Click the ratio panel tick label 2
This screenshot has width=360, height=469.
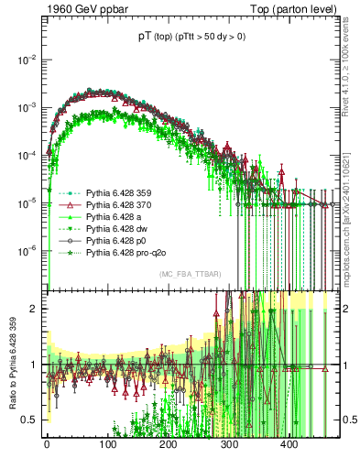point(34,309)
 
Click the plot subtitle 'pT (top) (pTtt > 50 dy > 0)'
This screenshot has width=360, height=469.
point(190,37)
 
